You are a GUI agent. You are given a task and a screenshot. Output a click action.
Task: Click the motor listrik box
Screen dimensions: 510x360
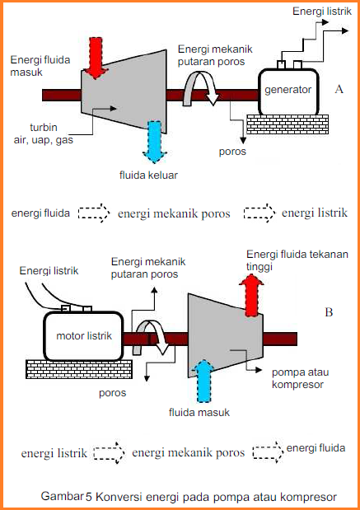pos(83,336)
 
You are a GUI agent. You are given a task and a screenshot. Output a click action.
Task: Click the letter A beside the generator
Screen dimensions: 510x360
pos(339,88)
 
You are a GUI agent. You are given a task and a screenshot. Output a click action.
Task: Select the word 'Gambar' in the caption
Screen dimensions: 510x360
pos(62,497)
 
